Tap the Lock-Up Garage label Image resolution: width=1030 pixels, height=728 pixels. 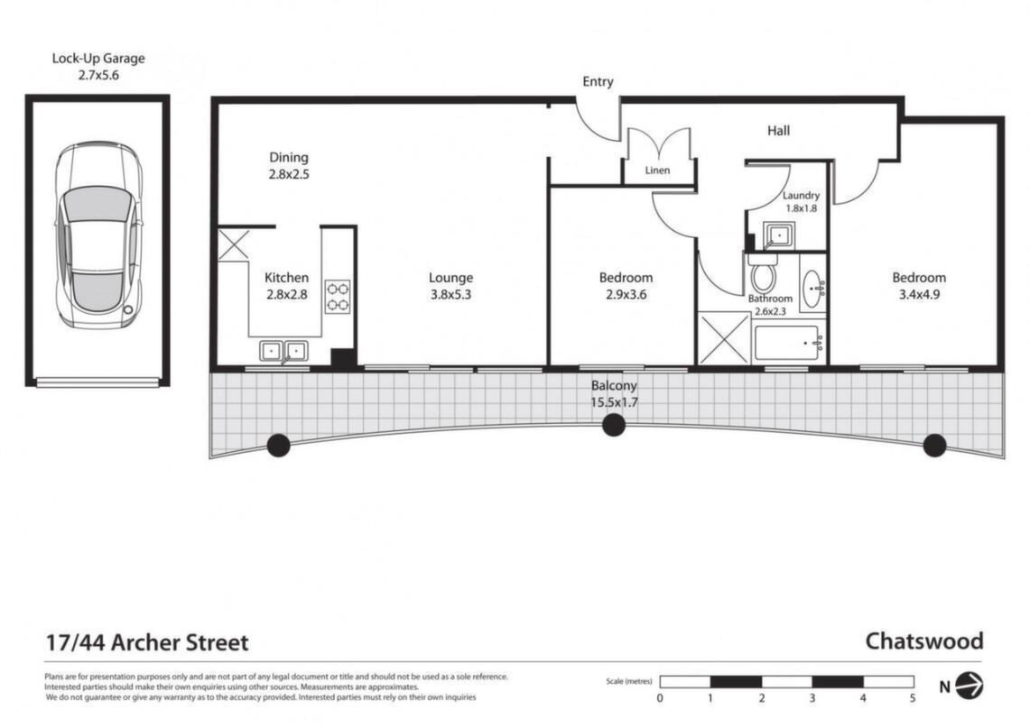click(98, 66)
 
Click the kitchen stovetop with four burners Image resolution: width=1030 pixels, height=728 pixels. click(339, 297)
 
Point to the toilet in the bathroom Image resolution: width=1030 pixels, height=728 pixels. click(763, 272)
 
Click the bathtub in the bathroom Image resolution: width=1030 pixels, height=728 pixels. click(788, 343)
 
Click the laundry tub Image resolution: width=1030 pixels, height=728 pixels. click(779, 235)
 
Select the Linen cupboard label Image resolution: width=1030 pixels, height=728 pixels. click(657, 170)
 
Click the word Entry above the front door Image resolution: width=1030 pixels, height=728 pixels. click(598, 81)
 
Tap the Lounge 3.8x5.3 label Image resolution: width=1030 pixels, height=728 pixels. click(450, 286)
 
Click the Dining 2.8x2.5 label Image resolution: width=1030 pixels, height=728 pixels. click(288, 165)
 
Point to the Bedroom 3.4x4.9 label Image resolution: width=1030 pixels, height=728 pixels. click(919, 286)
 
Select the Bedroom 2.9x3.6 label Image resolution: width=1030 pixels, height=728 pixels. click(626, 286)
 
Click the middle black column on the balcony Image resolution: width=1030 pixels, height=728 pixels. click(614, 426)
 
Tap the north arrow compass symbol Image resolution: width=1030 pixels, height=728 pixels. click(969, 686)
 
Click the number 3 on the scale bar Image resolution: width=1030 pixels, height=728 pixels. click(812, 698)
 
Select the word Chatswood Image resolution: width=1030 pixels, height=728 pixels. click(924, 640)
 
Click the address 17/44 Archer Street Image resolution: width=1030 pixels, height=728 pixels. click(147, 642)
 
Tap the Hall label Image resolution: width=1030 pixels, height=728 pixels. click(778, 131)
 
